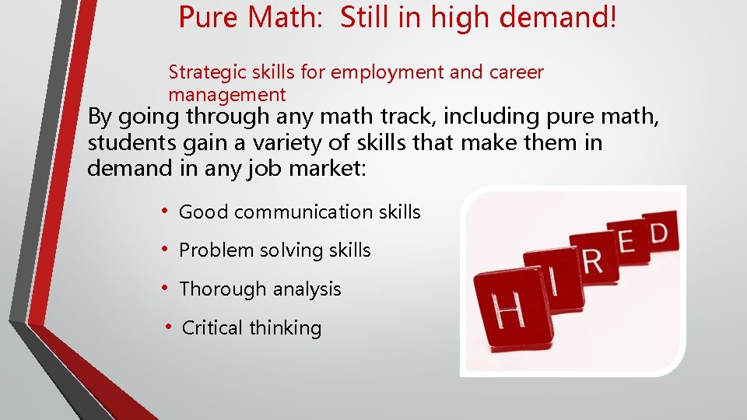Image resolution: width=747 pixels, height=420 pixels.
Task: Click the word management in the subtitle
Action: (227, 96)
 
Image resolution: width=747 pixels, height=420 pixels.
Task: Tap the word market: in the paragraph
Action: (326, 168)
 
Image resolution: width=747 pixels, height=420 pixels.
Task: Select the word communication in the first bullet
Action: (302, 212)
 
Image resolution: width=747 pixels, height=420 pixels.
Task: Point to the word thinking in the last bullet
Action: (286, 328)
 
